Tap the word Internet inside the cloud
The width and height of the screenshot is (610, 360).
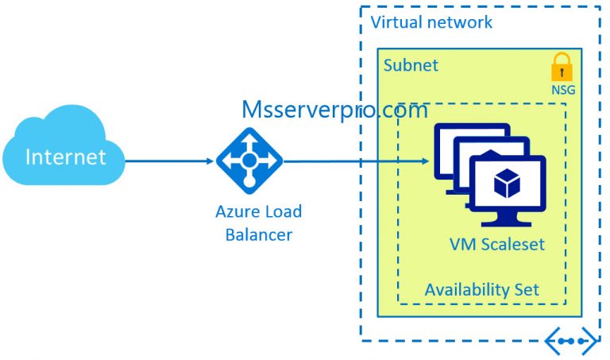pyautogui.click(x=65, y=157)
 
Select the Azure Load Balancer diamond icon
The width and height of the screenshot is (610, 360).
pyautogui.click(x=249, y=160)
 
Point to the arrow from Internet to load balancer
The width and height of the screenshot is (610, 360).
pyautogui.click(x=171, y=160)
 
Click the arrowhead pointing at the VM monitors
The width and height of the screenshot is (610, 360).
pyautogui.click(x=425, y=161)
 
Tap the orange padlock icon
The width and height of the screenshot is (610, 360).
pyautogui.click(x=562, y=68)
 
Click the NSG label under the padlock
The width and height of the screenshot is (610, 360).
pyautogui.click(x=562, y=90)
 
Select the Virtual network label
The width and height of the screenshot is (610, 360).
pyautogui.click(x=431, y=22)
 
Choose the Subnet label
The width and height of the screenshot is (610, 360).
pyautogui.click(x=411, y=65)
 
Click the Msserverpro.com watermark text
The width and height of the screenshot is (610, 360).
pyautogui.click(x=334, y=110)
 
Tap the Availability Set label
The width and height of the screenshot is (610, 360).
pyautogui.click(x=481, y=288)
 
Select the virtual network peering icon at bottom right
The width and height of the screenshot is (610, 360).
pyautogui.click(x=571, y=342)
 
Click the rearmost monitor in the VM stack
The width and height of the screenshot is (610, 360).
pyautogui.click(x=461, y=135)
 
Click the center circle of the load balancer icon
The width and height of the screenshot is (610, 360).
pyautogui.click(x=249, y=160)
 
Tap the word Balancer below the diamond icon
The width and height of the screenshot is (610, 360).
pyautogui.click(x=259, y=234)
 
